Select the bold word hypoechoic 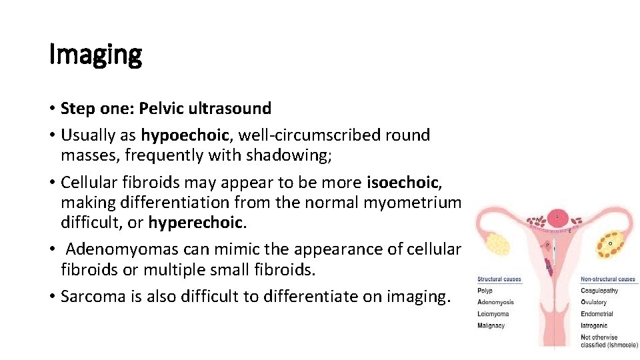pos(185,135)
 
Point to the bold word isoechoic pos(402,182)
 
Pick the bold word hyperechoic pos(193,222)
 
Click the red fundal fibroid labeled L pos(557,217)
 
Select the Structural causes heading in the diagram pos(499,279)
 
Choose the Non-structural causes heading pos(607,279)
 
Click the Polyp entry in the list pos(485,291)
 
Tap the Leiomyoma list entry pos(493,314)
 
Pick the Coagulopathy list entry pos(599,291)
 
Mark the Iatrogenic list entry pos(594,325)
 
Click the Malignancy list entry pos(491,325)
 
